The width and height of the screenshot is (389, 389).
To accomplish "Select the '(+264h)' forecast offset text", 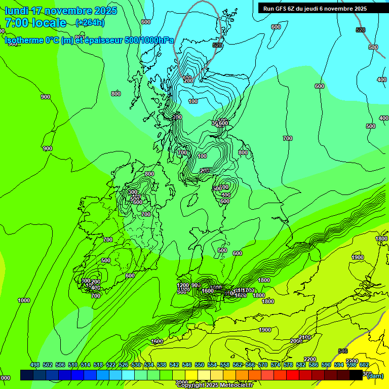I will click(90, 22).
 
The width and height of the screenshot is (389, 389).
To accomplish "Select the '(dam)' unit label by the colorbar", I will click(375, 375).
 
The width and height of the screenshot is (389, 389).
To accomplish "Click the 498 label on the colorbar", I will click(35, 365).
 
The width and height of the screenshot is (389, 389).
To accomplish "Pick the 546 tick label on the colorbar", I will click(187, 365).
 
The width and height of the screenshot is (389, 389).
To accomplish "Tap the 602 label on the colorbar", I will click(364, 365).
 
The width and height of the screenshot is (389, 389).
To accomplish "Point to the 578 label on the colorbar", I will click(288, 365).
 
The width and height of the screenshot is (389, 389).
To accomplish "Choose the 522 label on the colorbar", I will click(111, 365).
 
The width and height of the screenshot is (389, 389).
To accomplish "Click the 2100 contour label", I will click(305, 337).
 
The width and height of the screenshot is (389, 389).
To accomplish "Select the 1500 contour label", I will click(158, 341).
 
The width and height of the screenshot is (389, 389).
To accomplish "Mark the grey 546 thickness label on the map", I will click(343, 351).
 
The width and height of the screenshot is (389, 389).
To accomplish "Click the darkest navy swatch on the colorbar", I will click(27, 375).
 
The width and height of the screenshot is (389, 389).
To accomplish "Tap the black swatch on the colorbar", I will click(356, 375).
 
